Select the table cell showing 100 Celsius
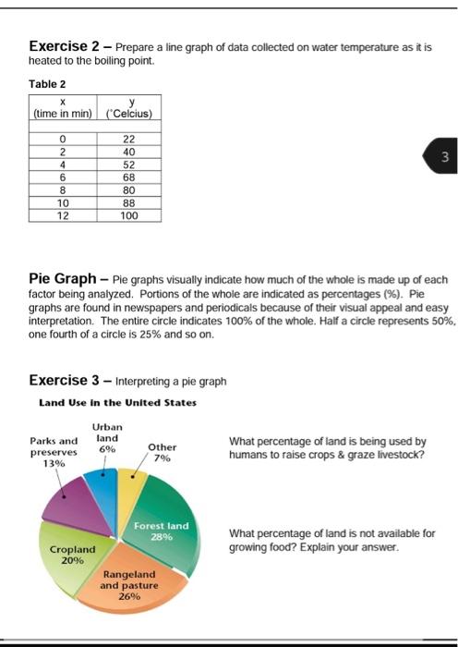coord(128,214)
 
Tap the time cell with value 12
coord(64,214)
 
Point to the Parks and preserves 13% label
coord(54,452)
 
